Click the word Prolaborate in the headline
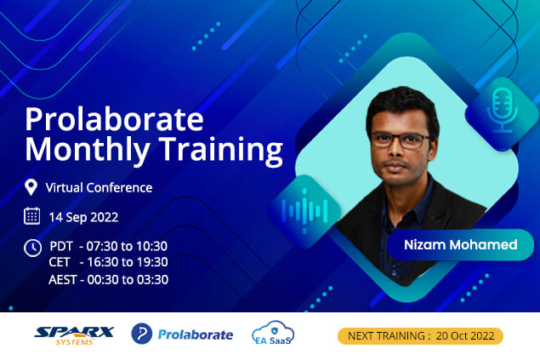[x=114, y=119]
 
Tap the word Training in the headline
[x=220, y=150]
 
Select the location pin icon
[x=31, y=187]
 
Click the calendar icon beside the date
[x=31, y=216]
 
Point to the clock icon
[x=32, y=248]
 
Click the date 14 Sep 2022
[x=83, y=217]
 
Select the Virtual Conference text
[x=99, y=188]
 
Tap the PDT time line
[x=109, y=246]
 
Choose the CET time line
[x=109, y=262]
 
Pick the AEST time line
[x=109, y=279]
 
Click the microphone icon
[x=502, y=111]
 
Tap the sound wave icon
[x=304, y=211]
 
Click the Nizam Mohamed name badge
[x=460, y=245]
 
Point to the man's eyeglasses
[x=401, y=140]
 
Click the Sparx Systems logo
[x=74, y=335]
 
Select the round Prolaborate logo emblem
[x=141, y=334]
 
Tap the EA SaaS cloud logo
[x=273, y=333]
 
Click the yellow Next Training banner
[x=420, y=336]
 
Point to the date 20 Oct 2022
[x=465, y=336]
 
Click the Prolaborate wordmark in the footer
[x=196, y=334]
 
